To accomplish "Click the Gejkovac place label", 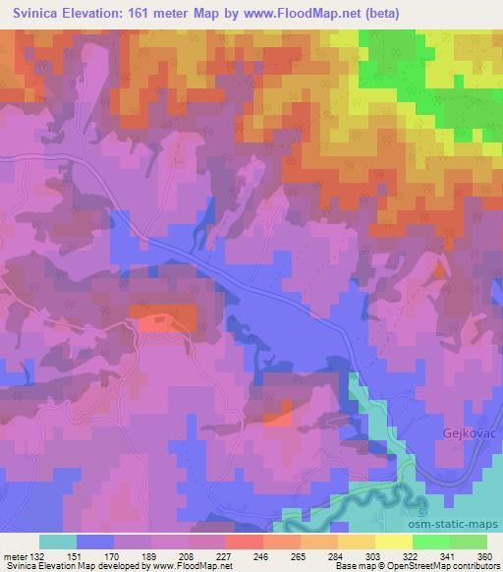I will point(464,432).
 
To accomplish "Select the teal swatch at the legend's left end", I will point(58,542).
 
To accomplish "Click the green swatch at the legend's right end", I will point(468,542).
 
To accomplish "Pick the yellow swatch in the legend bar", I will point(393,542).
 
